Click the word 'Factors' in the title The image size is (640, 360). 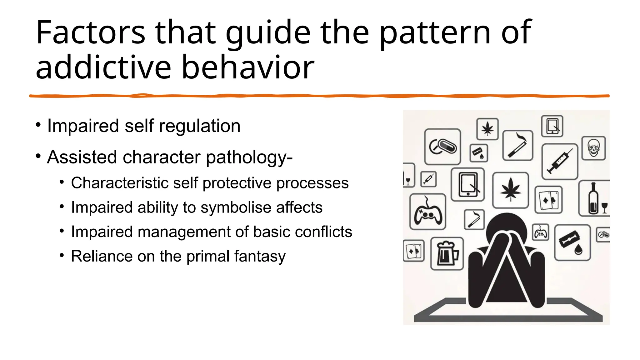[x=91, y=32]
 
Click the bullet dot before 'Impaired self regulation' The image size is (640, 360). [x=38, y=125]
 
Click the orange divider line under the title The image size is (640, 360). [x=319, y=96]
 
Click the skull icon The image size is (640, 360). [x=593, y=148]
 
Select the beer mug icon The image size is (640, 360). [x=447, y=253]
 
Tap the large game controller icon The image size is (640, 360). [x=427, y=212]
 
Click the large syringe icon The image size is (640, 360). [x=559, y=162]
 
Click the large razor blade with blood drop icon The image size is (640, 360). [x=572, y=242]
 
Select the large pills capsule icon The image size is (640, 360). [x=442, y=147]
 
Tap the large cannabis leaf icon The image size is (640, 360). [x=510, y=190]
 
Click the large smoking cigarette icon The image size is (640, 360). [x=517, y=145]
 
